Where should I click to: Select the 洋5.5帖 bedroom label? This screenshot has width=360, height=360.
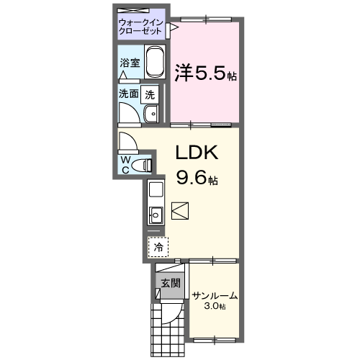[x=206, y=72]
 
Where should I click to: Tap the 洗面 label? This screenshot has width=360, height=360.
[x=129, y=94]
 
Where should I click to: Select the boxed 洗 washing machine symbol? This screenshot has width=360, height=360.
[x=149, y=93]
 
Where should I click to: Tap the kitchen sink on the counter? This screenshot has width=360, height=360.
[x=156, y=213]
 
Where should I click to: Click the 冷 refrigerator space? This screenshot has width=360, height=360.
[x=158, y=247]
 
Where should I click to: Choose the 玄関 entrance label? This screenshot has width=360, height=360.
[x=169, y=283]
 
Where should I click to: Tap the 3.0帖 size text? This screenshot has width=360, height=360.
[x=214, y=307]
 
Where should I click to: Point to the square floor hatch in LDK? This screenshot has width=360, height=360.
[x=180, y=211]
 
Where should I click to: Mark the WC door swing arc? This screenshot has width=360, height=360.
[x=128, y=140]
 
